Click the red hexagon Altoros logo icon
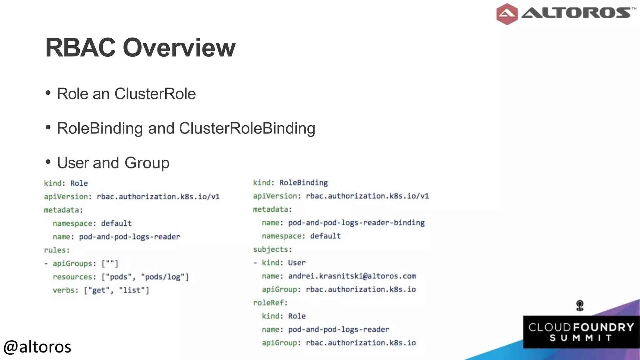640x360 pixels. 507,14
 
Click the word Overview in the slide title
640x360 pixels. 179,48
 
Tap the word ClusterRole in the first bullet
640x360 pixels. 155,94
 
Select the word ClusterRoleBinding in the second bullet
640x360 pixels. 247,128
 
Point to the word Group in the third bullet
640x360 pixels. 147,163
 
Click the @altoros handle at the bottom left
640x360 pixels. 37,347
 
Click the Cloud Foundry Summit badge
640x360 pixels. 581,332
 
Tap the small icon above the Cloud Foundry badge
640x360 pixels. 580,305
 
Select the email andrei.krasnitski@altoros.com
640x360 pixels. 352,276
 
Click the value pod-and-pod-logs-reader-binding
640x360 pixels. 356,223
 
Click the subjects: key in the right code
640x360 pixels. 272,249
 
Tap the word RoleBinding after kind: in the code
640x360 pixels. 303,183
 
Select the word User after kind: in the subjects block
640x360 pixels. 297,263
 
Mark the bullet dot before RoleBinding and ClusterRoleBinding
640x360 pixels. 48,127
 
